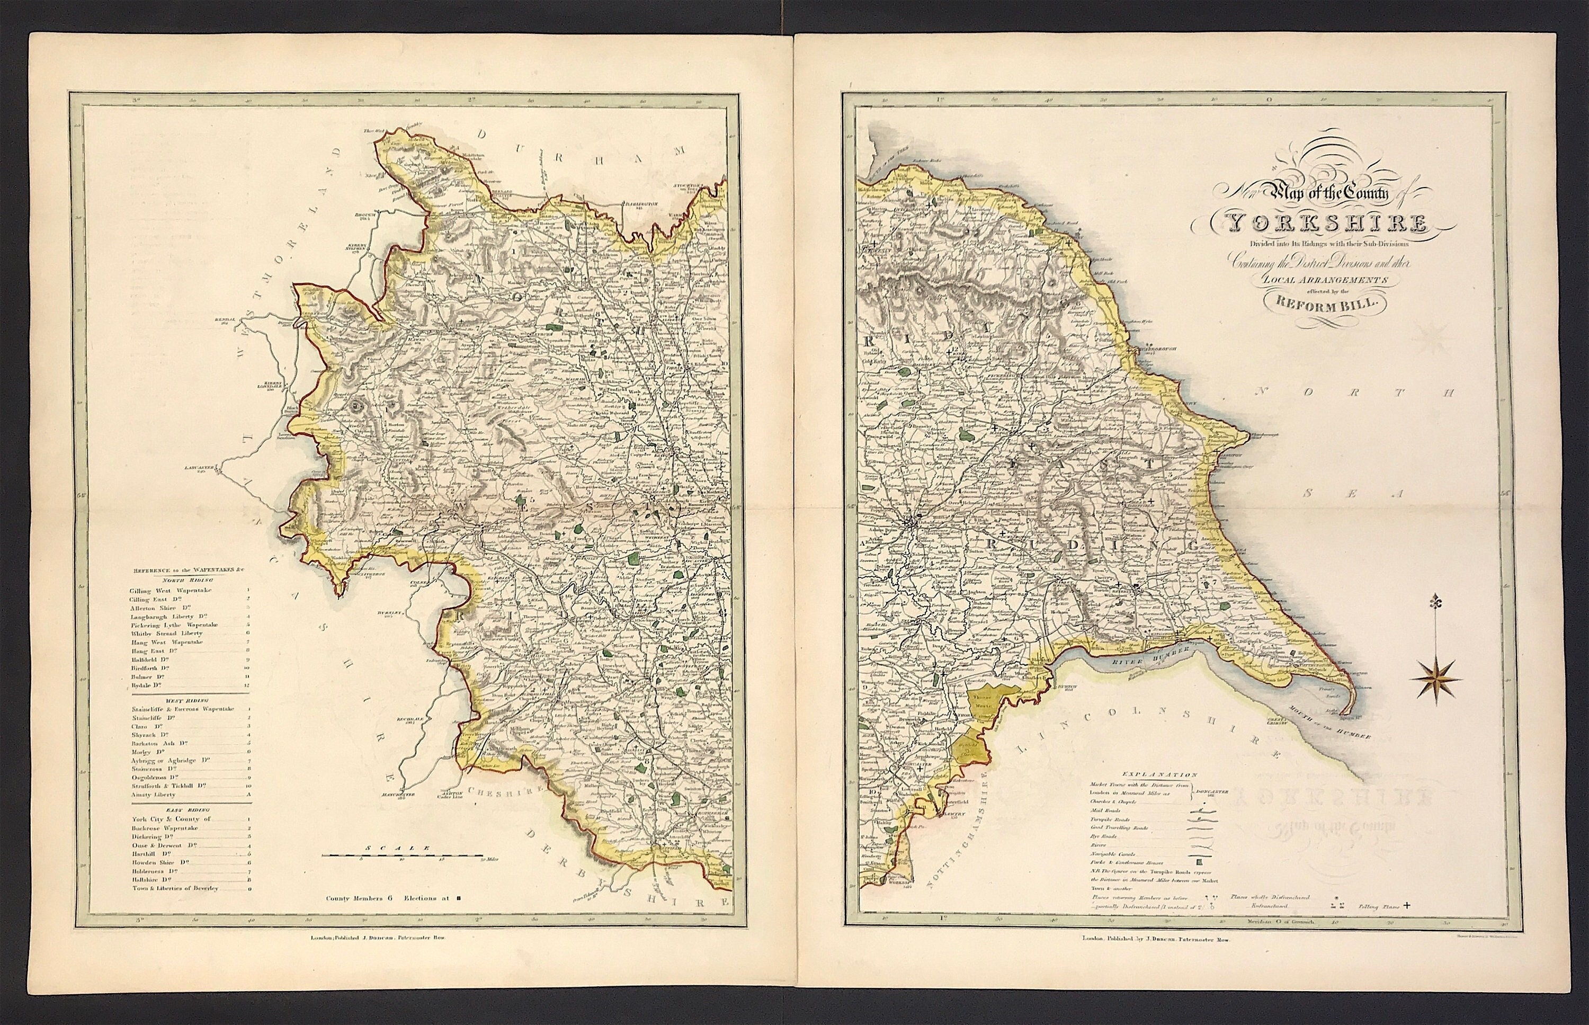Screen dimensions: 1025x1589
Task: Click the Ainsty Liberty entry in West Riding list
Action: tap(154, 795)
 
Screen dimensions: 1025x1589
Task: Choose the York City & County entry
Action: tap(172, 818)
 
